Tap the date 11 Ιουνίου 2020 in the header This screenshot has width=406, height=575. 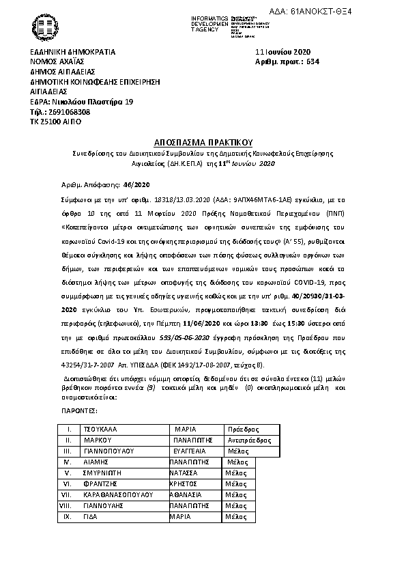pyautogui.click(x=282, y=52)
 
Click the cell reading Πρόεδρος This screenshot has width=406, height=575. pyautogui.click(x=244, y=430)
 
